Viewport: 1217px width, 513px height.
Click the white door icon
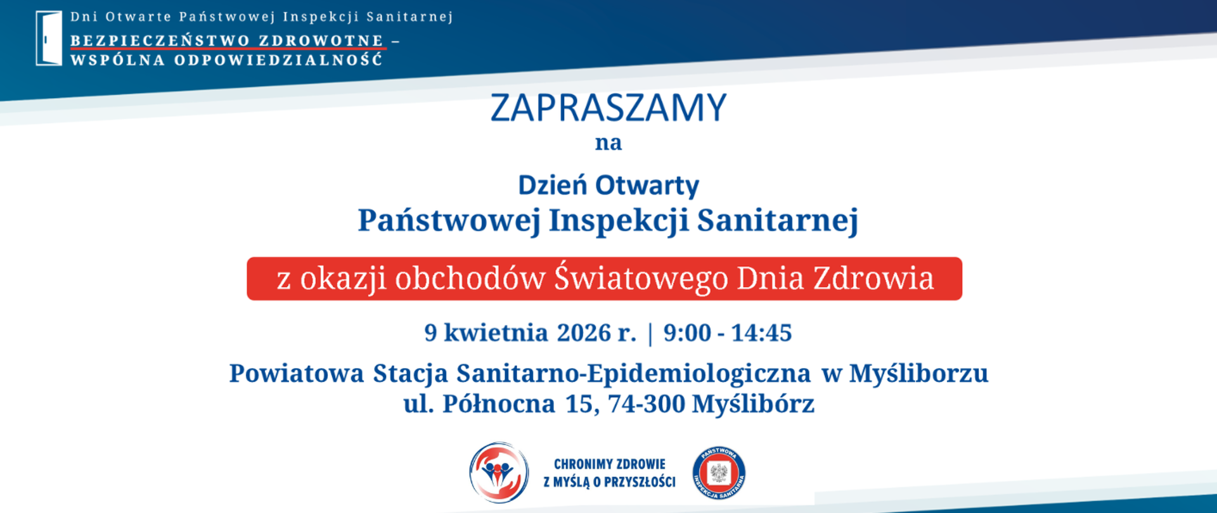tap(49, 38)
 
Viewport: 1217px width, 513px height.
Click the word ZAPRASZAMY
tap(608, 108)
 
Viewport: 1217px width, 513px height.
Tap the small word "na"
tap(608, 143)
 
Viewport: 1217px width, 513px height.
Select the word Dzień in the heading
tap(553, 186)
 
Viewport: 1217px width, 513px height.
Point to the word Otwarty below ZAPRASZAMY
tap(647, 186)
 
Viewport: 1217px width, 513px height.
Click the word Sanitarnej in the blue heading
tap(778, 221)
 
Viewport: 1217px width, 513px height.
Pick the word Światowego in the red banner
tap(641, 278)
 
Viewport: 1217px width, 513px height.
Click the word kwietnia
tap(496, 333)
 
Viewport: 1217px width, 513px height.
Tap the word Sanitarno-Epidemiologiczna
tap(633, 374)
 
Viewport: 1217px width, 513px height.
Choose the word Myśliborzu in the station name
tap(918, 374)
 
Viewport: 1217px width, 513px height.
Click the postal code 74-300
tap(647, 404)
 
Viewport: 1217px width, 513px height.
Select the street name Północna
tap(498, 404)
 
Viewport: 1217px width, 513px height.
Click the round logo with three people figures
tap(499, 472)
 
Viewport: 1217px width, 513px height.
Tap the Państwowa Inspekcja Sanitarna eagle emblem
tap(719, 472)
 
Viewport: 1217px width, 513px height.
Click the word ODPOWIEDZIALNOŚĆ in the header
tap(278, 61)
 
